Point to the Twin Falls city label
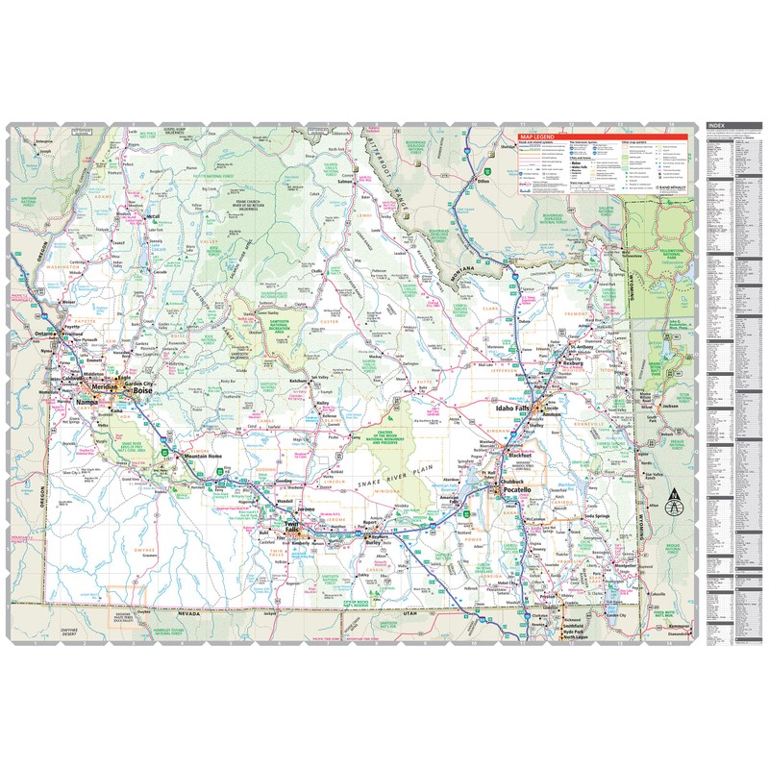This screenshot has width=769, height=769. (291, 525)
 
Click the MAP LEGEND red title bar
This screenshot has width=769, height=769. (540, 137)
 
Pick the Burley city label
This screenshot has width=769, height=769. (375, 542)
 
